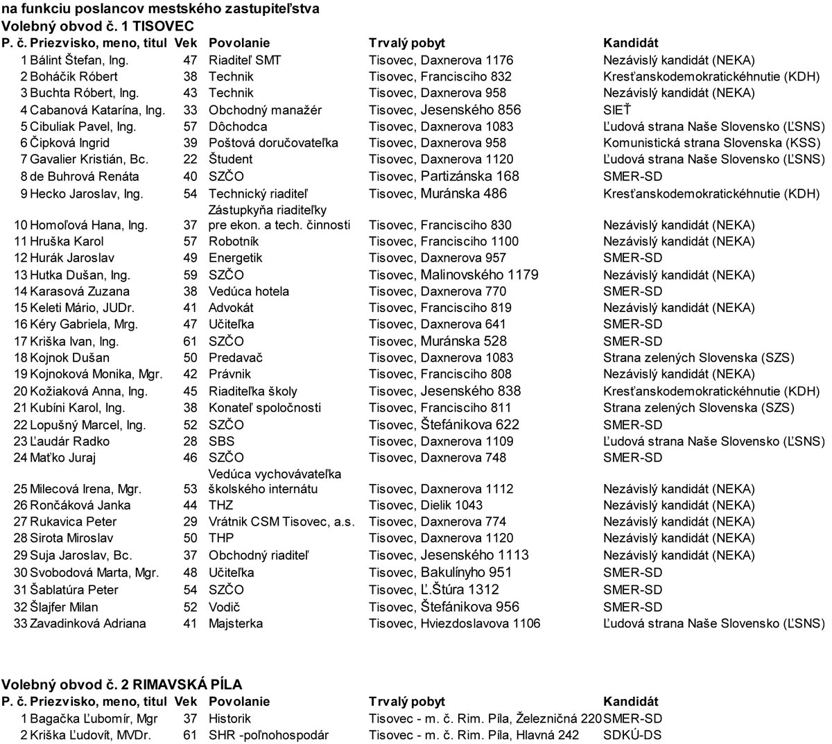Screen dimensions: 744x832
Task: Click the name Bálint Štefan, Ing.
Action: pos(79,60)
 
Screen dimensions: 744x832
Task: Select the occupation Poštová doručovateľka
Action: pos(273,143)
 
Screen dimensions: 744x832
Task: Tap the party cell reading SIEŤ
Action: pos(617,110)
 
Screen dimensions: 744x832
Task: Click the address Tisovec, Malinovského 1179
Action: pos(453,275)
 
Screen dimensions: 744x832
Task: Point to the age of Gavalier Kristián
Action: pos(190,159)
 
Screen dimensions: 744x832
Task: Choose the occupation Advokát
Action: pos(231,308)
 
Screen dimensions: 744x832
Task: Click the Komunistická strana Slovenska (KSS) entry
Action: pos(711,143)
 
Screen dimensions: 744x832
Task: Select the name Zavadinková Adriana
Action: pos(87,623)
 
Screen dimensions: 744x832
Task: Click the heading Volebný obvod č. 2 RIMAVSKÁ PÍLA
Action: pos(121,685)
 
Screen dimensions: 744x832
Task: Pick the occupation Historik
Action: pos(229,718)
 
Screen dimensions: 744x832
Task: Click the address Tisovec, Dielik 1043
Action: pos(426,505)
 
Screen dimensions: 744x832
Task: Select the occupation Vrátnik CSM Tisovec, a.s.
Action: pos(281,521)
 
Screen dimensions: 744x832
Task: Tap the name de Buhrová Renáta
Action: pos(84,177)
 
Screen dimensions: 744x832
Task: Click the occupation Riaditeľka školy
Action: pos(252,391)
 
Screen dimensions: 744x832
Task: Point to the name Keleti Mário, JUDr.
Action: pos(82,308)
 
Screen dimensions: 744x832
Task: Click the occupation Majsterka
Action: pos(236,623)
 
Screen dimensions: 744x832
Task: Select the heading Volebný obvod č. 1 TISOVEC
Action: pos(97,26)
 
